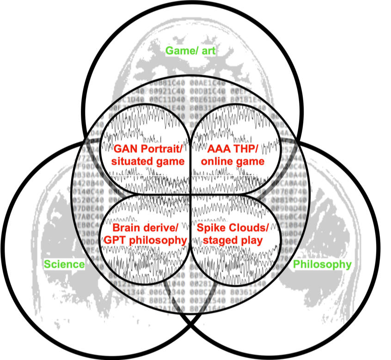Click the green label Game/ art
point(190,50)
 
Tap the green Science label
point(64,264)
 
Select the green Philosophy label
point(322,264)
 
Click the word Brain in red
point(125,228)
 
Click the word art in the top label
point(208,50)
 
